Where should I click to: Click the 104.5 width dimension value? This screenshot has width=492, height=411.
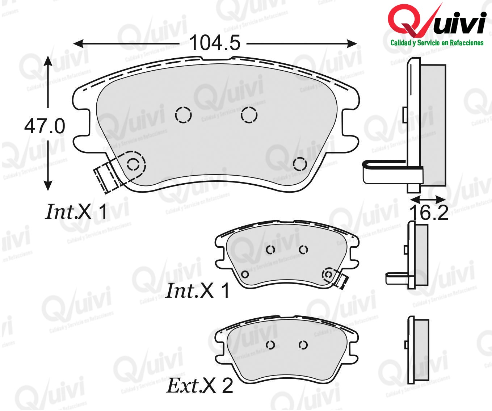[215, 43]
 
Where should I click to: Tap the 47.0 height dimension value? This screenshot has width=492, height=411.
[45, 126]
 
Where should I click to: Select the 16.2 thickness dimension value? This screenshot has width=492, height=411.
[429, 213]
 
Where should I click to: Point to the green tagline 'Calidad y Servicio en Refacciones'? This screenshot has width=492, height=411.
[437, 43]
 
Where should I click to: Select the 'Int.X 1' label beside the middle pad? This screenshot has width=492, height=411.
[197, 291]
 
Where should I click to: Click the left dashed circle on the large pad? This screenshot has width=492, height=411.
[183, 115]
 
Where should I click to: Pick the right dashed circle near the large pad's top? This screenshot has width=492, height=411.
[249, 115]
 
